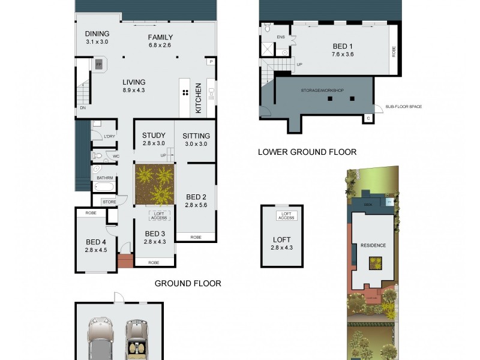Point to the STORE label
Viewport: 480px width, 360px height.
coord(109,202)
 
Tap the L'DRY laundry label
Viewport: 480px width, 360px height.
coord(109,137)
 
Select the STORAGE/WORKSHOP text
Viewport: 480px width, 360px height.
coord(322,90)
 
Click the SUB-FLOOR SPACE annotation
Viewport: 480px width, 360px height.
coord(403,107)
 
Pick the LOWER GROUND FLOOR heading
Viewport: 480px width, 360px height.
coord(307,152)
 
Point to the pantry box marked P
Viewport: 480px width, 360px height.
coord(211,61)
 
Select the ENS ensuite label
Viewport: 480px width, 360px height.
coord(280,37)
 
